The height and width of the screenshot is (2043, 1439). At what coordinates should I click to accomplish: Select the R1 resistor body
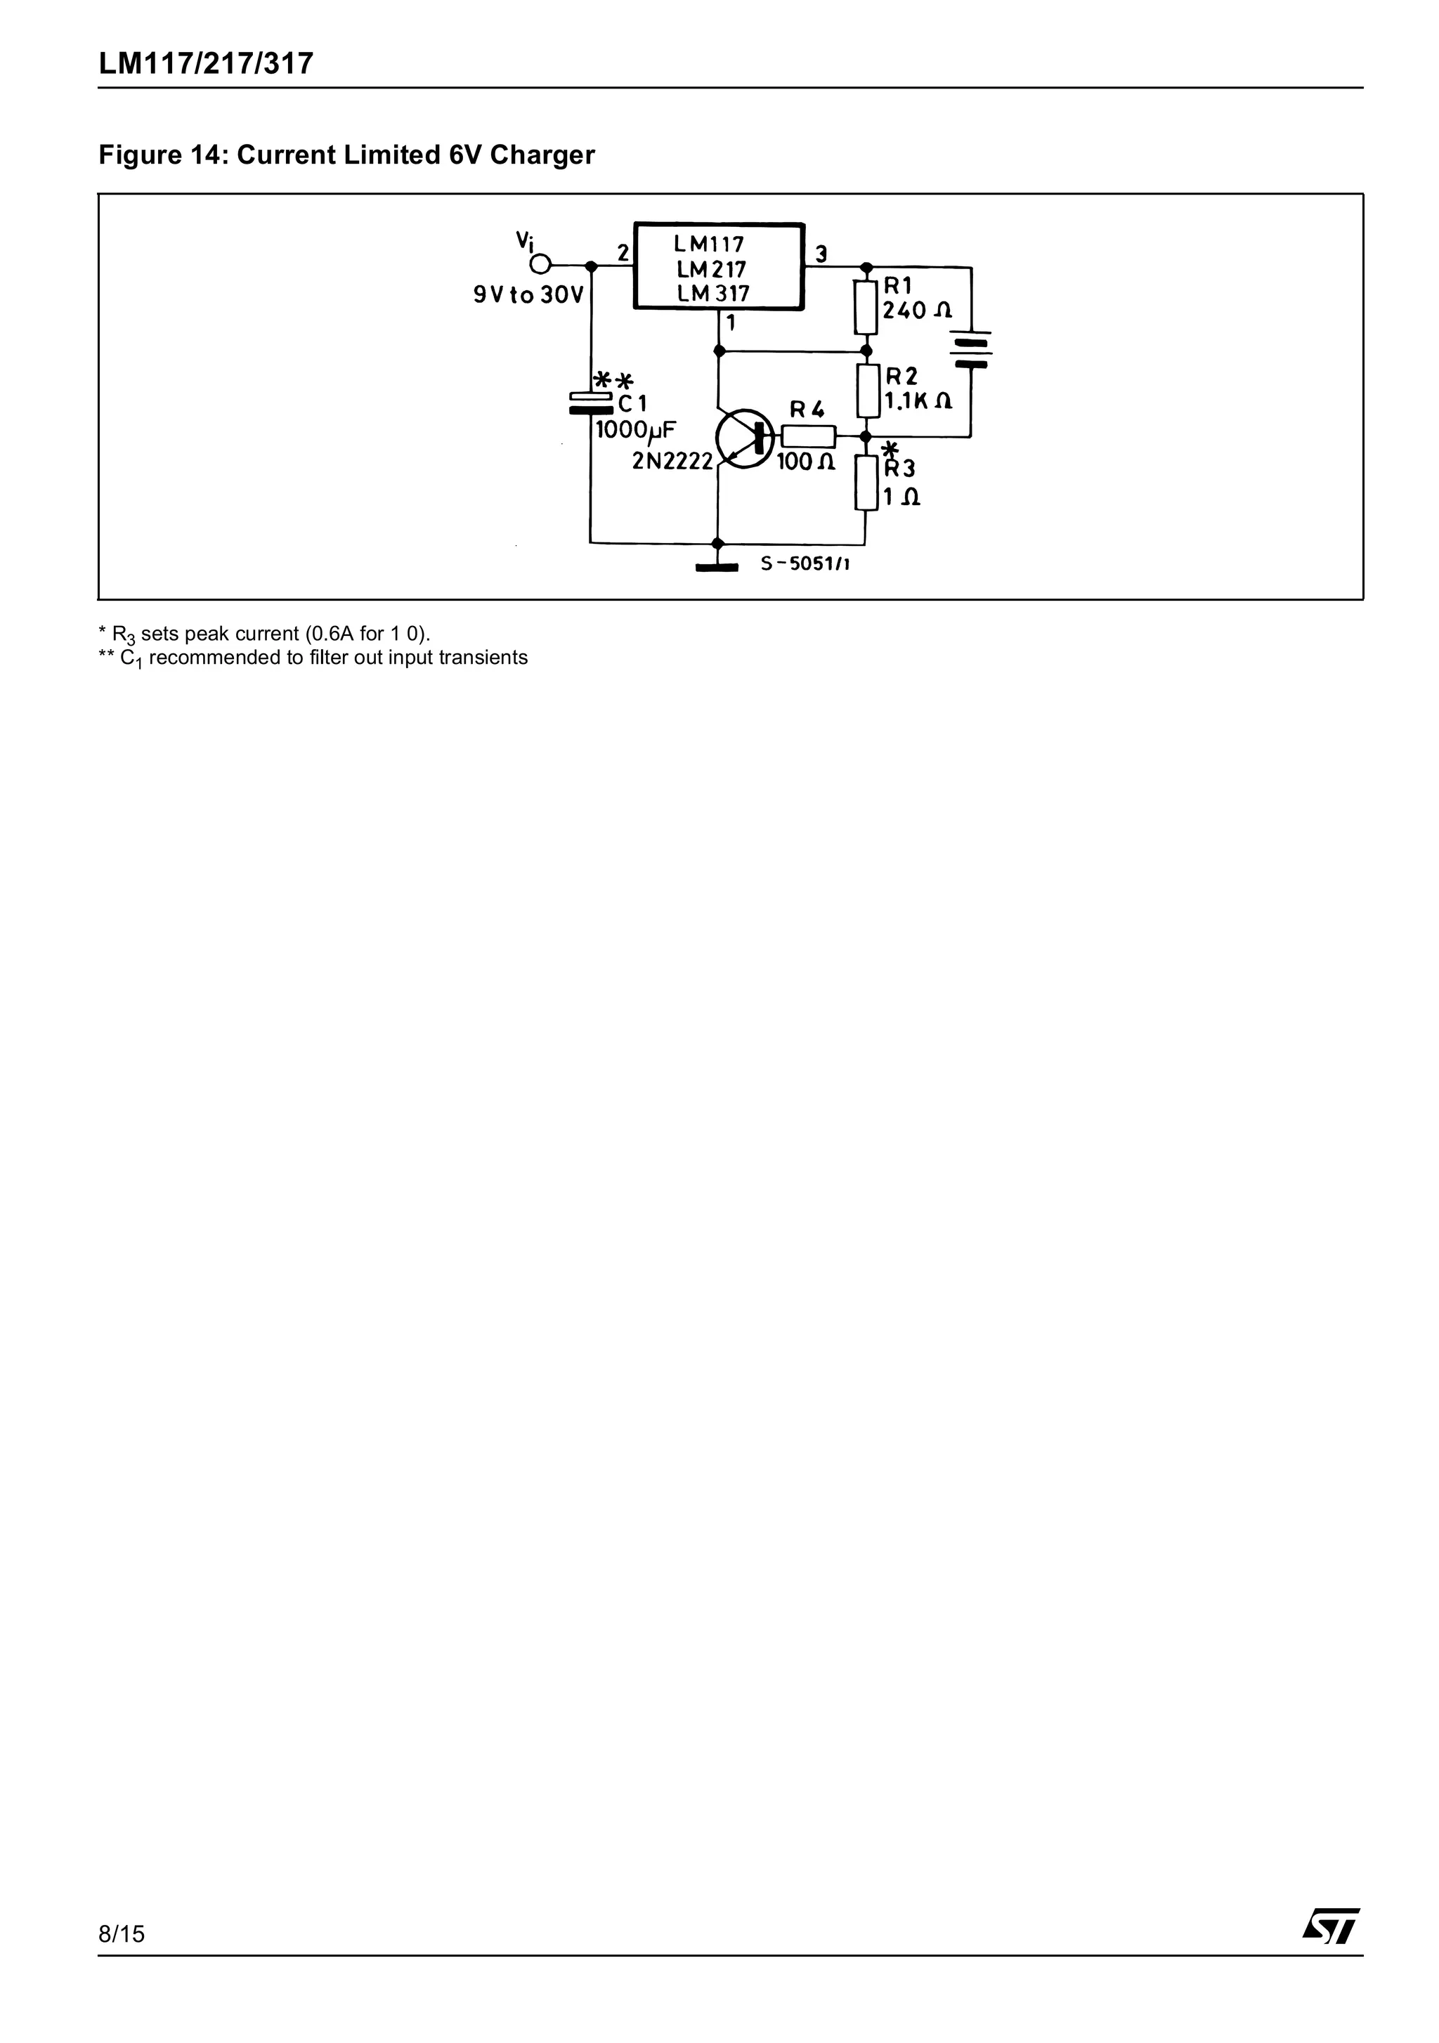point(865,307)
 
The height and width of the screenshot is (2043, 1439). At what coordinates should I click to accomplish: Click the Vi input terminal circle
point(540,264)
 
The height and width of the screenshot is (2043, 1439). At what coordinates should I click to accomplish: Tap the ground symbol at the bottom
point(717,566)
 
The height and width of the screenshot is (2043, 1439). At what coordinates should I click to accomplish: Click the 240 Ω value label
point(917,310)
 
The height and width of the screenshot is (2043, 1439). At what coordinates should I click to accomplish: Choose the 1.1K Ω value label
point(918,401)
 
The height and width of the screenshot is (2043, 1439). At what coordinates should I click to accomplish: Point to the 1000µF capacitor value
point(635,431)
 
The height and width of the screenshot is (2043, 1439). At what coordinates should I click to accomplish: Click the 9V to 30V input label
point(528,294)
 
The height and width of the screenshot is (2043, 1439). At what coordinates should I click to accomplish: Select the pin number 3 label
point(821,254)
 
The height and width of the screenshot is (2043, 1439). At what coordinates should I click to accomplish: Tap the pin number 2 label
point(623,253)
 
